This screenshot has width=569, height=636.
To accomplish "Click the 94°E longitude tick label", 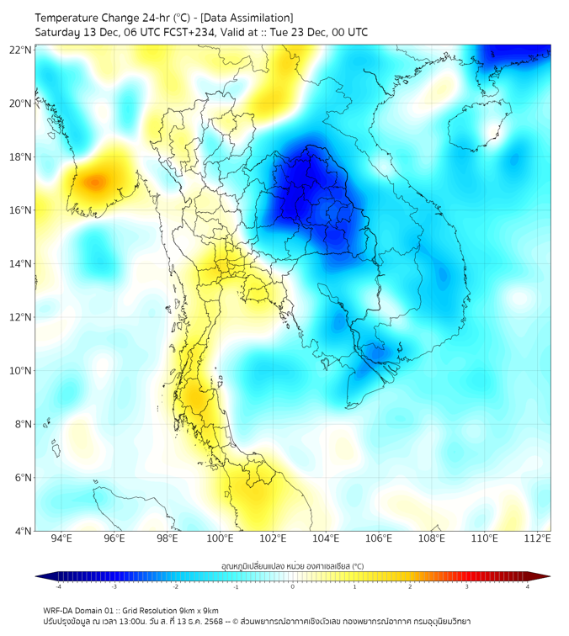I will [x=61, y=539].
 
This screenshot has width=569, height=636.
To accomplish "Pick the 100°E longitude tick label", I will [x=220, y=539].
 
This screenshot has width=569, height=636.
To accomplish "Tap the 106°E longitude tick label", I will [x=379, y=539].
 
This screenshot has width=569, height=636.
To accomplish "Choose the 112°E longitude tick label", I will [x=537, y=539].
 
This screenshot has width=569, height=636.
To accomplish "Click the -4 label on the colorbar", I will [x=58, y=587].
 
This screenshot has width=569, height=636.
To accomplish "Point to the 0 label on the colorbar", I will [x=293, y=587].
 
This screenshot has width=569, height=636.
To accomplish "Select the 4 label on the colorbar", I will [x=528, y=587].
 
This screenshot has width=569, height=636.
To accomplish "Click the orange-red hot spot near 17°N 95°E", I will [x=94, y=181].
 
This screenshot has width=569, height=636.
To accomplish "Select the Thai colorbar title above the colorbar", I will [x=292, y=566].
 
